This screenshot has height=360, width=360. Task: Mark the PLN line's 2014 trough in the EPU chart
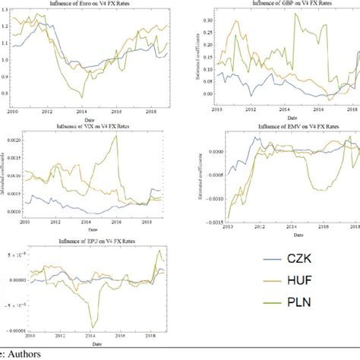(92, 327)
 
